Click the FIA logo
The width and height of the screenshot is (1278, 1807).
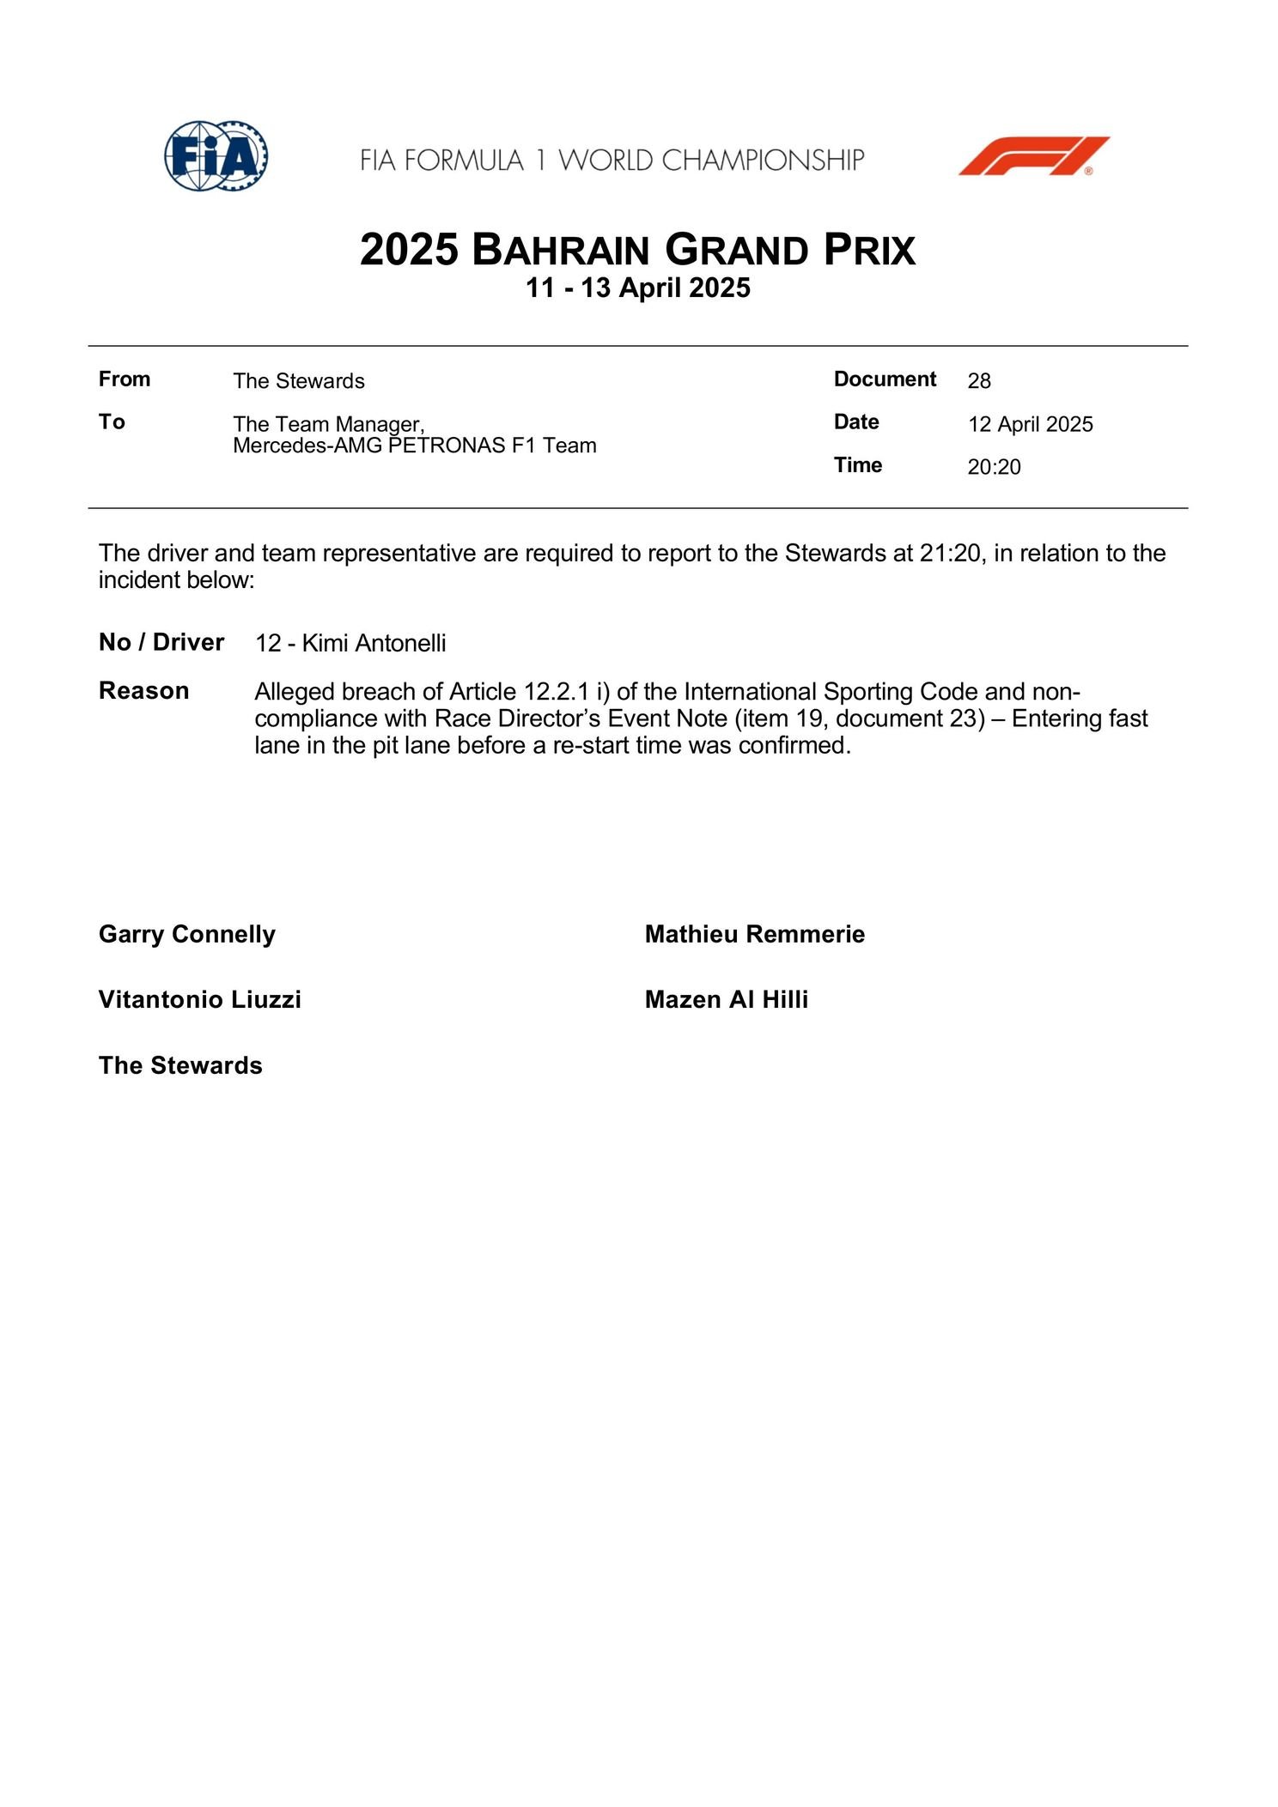click(x=216, y=155)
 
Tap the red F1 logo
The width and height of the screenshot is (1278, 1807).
click(x=1033, y=155)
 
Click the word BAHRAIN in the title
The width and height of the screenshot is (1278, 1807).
click(x=560, y=251)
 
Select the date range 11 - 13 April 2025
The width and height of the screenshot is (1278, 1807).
click(x=638, y=288)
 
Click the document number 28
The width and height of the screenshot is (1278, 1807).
click(x=979, y=380)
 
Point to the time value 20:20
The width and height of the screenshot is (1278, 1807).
click(x=994, y=467)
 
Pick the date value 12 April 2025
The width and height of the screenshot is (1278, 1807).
click(x=1030, y=424)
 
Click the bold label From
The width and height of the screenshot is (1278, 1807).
click(x=125, y=379)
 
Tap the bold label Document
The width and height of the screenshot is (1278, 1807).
click(x=885, y=379)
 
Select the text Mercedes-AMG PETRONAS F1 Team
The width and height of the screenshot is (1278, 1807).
click(x=414, y=446)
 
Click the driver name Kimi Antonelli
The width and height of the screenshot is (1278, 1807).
click(x=374, y=643)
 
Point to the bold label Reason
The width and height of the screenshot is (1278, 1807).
click(x=143, y=691)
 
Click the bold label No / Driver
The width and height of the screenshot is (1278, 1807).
click(x=161, y=642)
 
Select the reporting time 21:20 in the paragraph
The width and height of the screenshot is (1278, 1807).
click(x=949, y=553)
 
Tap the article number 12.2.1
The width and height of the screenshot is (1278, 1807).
click(x=556, y=692)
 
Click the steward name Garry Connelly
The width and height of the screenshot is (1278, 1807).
click(x=187, y=934)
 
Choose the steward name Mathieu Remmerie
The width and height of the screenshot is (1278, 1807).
click(x=754, y=934)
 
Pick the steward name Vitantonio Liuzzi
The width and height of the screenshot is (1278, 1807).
click(x=199, y=999)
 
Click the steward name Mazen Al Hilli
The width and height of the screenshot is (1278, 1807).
click(x=726, y=999)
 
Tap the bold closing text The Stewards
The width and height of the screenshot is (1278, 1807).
click(x=180, y=1065)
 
